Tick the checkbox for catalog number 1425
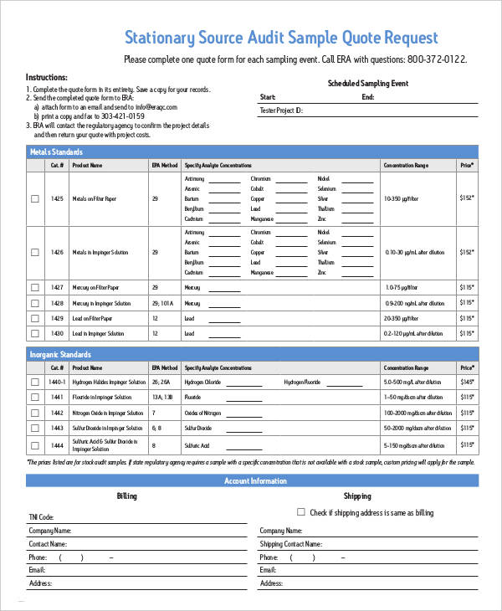tap(34, 198)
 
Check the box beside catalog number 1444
tap(34, 445)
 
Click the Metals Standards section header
tap(56, 151)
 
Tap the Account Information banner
tap(255, 480)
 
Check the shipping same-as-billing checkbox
tap(301, 512)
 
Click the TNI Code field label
tap(41, 517)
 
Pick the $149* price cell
tap(466, 382)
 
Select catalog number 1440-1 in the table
tap(57, 382)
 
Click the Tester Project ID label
tap(281, 110)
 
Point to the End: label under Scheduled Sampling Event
tap(368, 97)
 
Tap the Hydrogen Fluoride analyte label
tap(302, 382)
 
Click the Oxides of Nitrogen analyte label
tap(203, 413)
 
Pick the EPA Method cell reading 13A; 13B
tap(161, 397)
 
